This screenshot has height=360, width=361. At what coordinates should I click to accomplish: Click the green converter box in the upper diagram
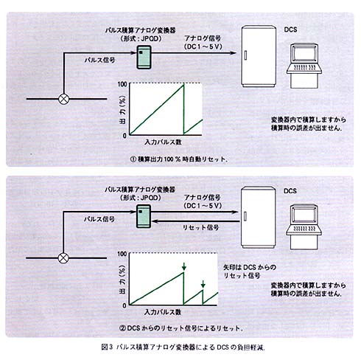pyautogui.click(x=144, y=57)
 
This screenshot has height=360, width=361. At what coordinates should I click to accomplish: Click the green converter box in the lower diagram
pyautogui.click(x=144, y=216)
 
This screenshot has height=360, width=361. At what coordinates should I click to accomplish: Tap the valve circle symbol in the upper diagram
pyautogui.click(x=64, y=99)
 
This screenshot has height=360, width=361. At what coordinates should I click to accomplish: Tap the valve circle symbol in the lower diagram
pyautogui.click(x=63, y=258)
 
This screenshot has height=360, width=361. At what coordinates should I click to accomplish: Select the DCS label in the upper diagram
pyautogui.click(x=290, y=30)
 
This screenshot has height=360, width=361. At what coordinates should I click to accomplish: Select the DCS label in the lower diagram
pyautogui.click(x=290, y=191)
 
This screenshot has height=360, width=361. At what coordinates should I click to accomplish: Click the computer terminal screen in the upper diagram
pyautogui.click(x=304, y=53)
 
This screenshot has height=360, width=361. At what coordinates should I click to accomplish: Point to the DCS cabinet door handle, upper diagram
pyautogui.click(x=245, y=55)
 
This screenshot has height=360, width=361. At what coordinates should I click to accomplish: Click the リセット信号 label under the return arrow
pyautogui.click(x=200, y=227)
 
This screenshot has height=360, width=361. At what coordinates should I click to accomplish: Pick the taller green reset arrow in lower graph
pyautogui.click(x=184, y=266)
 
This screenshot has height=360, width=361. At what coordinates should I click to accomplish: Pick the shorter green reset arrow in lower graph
pyautogui.click(x=203, y=284)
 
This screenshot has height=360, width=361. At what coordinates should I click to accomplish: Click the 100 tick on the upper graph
pyautogui.click(x=122, y=84)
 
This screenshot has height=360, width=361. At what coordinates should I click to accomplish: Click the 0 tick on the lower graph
pyautogui.click(x=125, y=305)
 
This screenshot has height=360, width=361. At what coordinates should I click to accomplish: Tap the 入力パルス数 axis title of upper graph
pyautogui.click(x=163, y=142)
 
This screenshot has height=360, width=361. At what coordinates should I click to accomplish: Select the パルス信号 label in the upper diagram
pyautogui.click(x=100, y=60)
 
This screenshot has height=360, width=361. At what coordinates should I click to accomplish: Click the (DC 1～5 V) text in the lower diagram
pyautogui.click(x=203, y=206)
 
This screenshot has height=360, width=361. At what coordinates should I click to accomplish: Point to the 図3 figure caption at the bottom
pyautogui.click(x=183, y=347)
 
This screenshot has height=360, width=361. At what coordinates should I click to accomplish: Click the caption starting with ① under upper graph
pyautogui.click(x=179, y=159)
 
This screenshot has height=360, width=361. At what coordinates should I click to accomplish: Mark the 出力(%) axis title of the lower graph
pyautogui.click(x=122, y=280)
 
